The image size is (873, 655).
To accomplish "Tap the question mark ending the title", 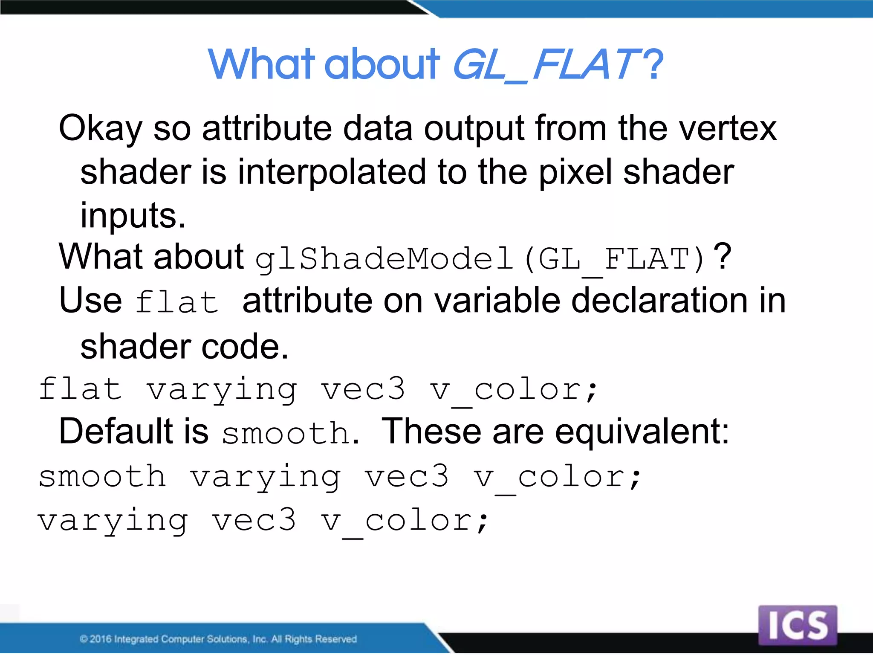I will tap(653, 65).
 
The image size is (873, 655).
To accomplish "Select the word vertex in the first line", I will tap(728, 129).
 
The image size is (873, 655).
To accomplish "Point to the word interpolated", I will tap(332, 172).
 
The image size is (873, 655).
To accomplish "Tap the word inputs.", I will tap(133, 216).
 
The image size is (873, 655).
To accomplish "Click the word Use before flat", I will tap(90, 301).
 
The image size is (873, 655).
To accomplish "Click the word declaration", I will tap(659, 301).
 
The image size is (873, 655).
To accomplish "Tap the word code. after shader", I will tap(245, 347).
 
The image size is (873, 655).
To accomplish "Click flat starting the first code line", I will tap(80, 389).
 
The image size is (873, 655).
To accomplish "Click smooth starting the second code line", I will tap(102, 476).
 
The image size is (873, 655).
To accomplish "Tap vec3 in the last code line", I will tap(254, 521).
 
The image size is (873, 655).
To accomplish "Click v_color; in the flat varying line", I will tap(514, 390).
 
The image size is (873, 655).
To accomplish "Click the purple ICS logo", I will tap(798, 625).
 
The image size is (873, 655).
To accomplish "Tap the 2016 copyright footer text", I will tap(218, 639).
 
